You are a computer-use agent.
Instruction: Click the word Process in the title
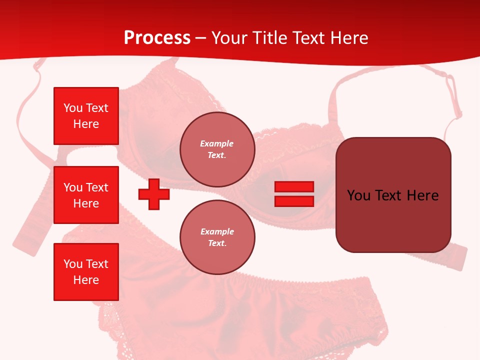point(157,38)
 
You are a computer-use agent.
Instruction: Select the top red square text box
point(86,116)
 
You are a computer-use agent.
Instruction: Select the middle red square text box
point(86,195)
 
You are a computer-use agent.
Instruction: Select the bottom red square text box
point(86,272)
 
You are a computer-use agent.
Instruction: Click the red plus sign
point(154,194)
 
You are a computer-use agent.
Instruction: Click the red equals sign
point(294,194)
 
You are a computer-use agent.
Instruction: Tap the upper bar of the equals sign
point(294,187)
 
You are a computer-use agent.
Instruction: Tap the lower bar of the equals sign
point(294,201)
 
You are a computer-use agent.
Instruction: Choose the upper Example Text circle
point(217,149)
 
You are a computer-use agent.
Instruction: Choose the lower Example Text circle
point(217,237)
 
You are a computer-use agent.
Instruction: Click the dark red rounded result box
point(393,195)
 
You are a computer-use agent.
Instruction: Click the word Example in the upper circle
point(217,143)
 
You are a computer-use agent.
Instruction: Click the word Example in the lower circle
point(217,231)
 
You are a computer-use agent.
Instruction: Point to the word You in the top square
point(73,108)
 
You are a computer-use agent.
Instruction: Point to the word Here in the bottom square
point(86,280)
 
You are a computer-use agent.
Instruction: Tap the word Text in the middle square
point(97,187)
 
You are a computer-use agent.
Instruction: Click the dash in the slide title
point(201,38)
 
